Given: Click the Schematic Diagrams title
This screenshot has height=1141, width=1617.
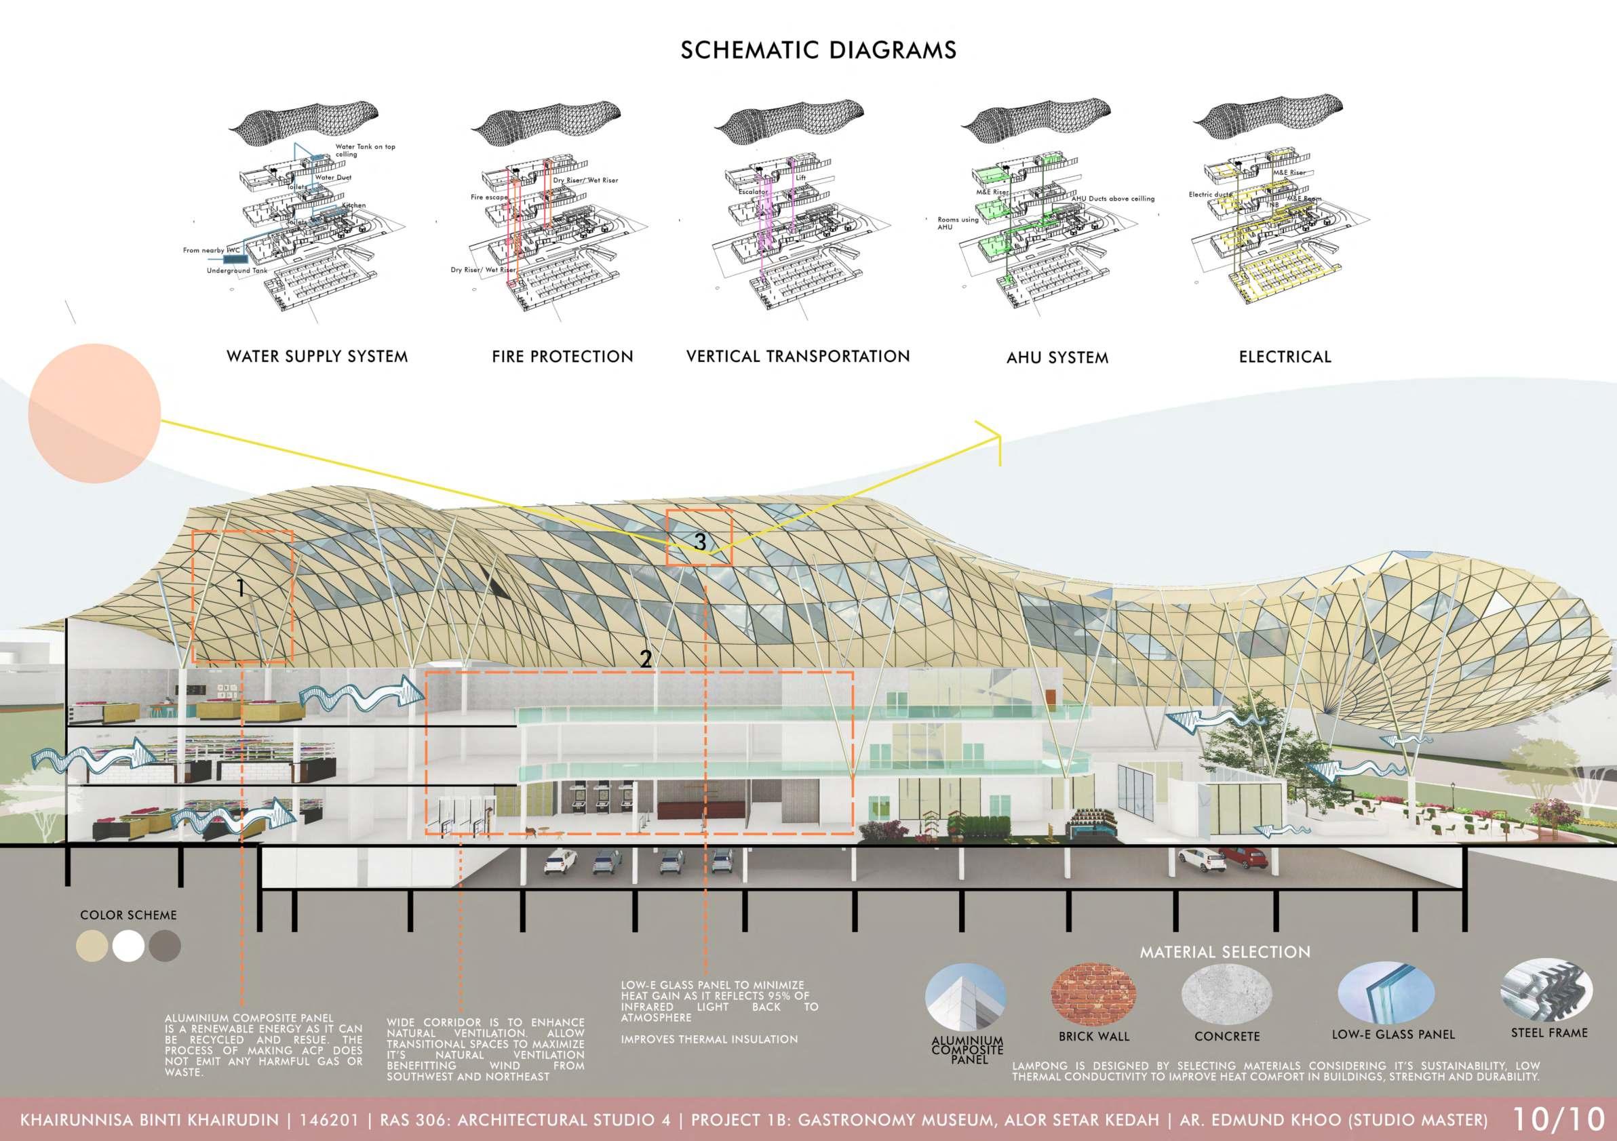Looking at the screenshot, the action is coord(819,50).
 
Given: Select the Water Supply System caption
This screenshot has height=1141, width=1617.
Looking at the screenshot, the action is coord(317,356).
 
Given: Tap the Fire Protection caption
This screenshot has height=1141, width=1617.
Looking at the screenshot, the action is coord(562,356).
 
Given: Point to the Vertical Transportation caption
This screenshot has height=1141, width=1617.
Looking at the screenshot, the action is coord(798,356).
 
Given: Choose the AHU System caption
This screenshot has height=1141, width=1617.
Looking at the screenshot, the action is coord(1057,357).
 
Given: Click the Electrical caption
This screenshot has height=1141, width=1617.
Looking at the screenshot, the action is coord(1285,357).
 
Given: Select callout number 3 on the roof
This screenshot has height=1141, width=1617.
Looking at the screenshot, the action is coord(699,541).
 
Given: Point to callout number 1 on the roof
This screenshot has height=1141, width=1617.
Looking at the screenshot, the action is coord(241,588).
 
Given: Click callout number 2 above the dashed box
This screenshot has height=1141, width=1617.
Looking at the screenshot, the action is coord(645,660).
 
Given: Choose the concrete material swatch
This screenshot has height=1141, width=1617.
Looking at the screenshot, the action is coord(1226,994).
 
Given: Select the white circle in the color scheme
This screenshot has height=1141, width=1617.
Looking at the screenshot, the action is coord(128,946).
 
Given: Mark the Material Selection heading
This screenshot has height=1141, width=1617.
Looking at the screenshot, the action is coord(1225,953).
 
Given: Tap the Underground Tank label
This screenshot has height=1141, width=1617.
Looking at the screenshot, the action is coord(237,271).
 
